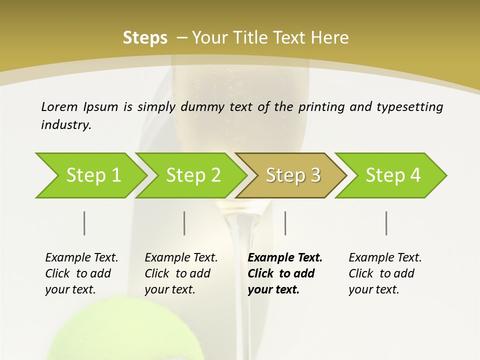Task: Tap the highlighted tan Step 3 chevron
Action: tap(293, 175)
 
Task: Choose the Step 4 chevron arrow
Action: tap(393, 175)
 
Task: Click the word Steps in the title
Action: tap(145, 37)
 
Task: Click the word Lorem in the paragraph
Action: tap(59, 106)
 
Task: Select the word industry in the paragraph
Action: tap(65, 124)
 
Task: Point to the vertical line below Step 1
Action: tap(84, 223)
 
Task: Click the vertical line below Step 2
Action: tap(184, 223)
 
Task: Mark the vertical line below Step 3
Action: tap(285, 223)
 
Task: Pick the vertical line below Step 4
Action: tap(386, 223)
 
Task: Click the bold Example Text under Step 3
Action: tap(285, 257)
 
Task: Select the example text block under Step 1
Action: tap(81, 273)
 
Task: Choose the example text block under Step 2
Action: tap(180, 273)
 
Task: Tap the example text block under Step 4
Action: tap(384, 273)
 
